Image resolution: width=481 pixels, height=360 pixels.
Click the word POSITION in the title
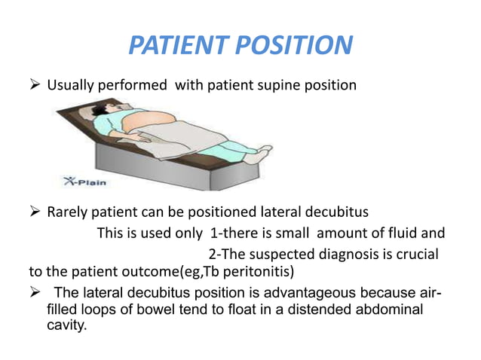296,46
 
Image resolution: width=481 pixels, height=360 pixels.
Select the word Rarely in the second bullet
69,212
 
